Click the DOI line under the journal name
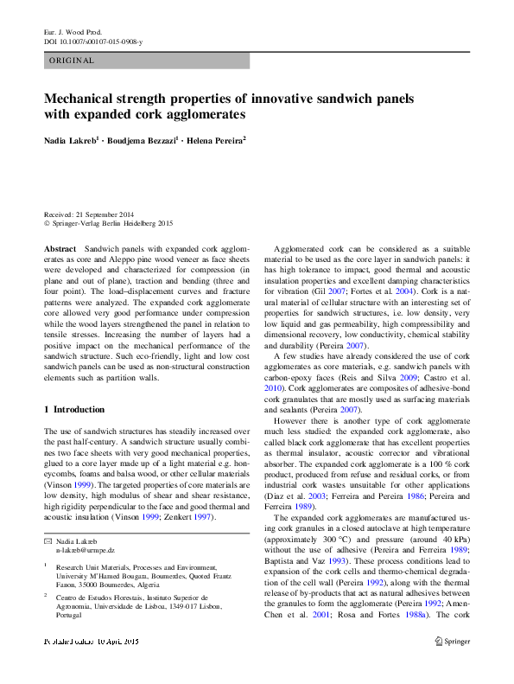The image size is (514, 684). pyautogui.click(x=93, y=42)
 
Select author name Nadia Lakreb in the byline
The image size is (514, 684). pyautogui.click(x=73, y=138)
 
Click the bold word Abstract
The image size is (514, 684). pyautogui.click(x=60, y=248)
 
